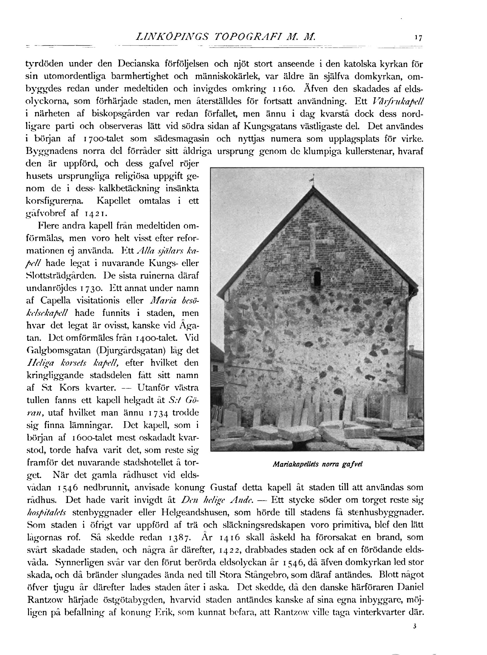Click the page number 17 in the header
click(x=418, y=38)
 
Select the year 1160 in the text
click(x=283, y=89)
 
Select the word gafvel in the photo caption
click(x=352, y=464)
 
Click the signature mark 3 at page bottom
click(x=415, y=626)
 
